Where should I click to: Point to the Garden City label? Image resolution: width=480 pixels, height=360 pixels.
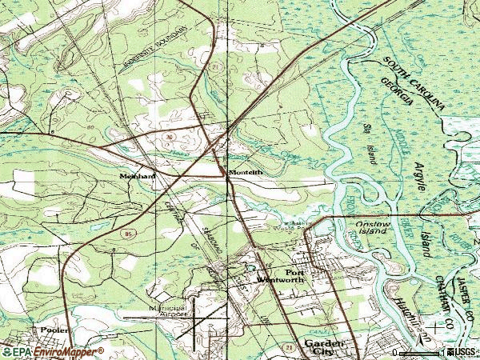[x=318, y=346]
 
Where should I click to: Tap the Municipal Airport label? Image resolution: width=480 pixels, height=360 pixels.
[x=167, y=310]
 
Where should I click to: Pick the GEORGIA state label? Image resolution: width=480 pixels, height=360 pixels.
[x=399, y=93]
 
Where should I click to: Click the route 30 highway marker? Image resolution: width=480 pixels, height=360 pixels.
[x=169, y=137]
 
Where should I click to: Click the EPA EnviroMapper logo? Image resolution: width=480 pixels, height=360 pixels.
[x=52, y=351]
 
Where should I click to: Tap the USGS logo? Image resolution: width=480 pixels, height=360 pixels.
[x=461, y=351]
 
